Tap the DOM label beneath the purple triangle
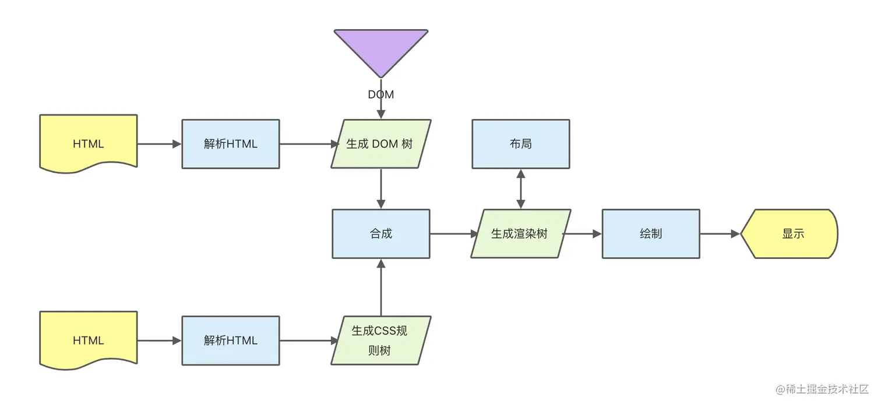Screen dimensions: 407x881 (x=381, y=94)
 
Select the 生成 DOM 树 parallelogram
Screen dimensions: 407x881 (x=381, y=143)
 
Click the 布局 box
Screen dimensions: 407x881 (x=520, y=143)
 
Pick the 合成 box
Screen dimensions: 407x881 (x=381, y=234)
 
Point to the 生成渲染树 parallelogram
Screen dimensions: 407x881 (x=520, y=234)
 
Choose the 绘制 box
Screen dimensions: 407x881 (x=651, y=234)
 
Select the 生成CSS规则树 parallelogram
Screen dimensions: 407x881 (x=381, y=341)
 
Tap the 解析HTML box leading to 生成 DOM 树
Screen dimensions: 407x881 (x=231, y=143)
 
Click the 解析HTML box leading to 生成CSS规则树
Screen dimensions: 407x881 (x=231, y=341)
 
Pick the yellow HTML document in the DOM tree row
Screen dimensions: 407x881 (x=89, y=143)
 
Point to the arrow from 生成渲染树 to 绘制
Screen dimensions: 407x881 (x=583, y=234)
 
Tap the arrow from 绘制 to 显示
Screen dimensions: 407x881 (x=720, y=234)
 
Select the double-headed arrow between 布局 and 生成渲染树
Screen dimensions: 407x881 (x=520, y=189)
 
